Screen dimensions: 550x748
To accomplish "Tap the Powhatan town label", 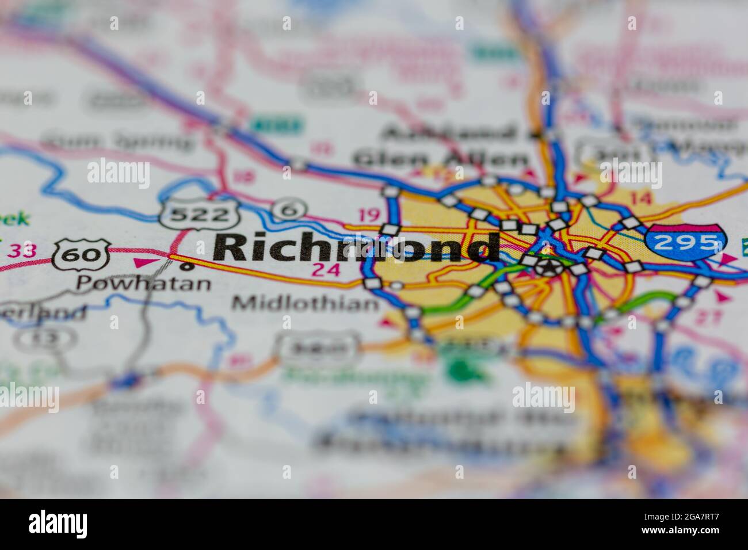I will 144,283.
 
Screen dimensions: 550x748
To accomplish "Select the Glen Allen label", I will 440,158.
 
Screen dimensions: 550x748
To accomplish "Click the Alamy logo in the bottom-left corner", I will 58,524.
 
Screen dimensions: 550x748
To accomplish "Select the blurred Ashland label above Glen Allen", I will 449,133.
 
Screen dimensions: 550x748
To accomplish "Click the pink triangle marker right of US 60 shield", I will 139,263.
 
